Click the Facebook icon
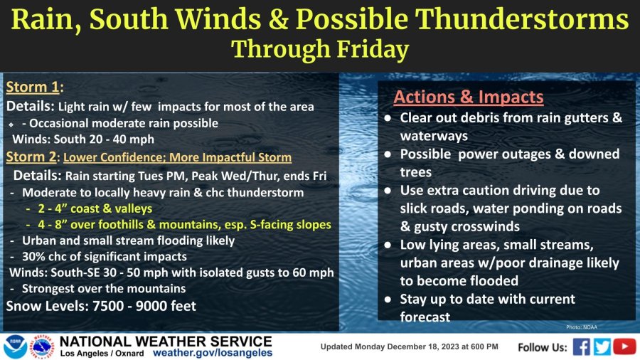(x=581, y=347)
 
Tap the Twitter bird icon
(x=602, y=347)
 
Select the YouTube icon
(x=624, y=346)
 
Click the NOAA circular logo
(x=15, y=347)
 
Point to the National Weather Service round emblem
(x=43, y=347)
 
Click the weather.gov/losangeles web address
(x=212, y=353)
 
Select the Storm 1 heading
(x=33, y=87)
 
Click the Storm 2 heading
(x=31, y=157)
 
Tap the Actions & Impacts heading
(x=468, y=97)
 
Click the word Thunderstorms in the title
(x=522, y=19)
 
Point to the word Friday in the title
(x=372, y=49)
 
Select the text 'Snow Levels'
(x=46, y=306)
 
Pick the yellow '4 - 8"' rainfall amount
(x=53, y=224)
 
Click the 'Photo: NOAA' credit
(x=581, y=327)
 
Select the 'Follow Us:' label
(x=542, y=347)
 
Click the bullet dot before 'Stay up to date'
(x=388, y=300)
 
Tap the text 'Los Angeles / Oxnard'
(x=102, y=354)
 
